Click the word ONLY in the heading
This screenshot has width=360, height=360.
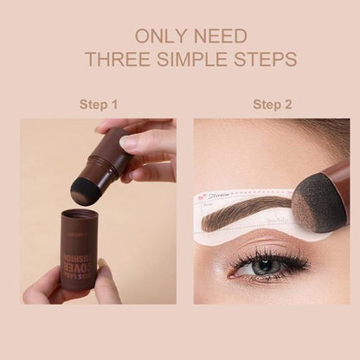155,37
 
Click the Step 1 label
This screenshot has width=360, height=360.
99,105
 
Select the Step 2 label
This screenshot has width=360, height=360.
272,105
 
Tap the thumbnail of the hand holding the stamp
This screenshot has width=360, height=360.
129,141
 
